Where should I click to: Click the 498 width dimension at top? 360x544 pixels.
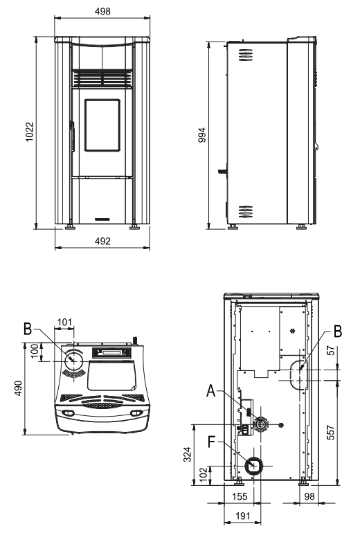pos(102,11)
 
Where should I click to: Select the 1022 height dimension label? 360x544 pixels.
pos(30,132)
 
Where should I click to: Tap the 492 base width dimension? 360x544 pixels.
pos(102,241)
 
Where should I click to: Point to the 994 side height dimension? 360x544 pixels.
pos(202,135)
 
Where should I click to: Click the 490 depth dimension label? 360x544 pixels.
pos(18,388)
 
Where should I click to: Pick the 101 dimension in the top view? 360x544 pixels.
pos(64,323)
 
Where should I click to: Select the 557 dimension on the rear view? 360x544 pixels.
pos(331,433)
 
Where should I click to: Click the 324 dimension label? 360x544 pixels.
pos(187,454)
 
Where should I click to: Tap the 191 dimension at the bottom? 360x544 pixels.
pos(243,516)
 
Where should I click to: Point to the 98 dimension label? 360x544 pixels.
pos(309,496)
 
